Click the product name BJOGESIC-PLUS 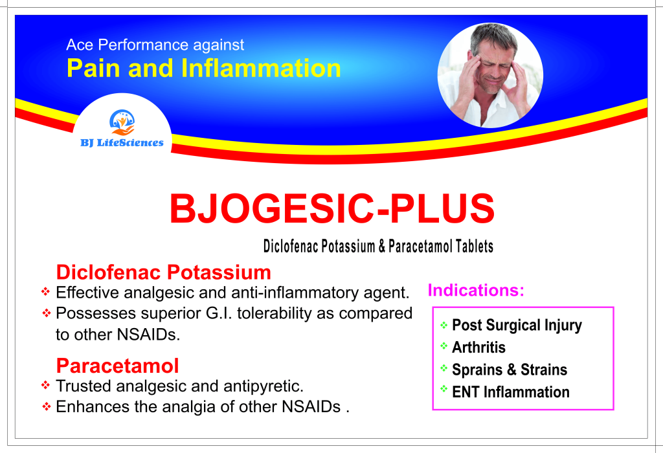pos(332,208)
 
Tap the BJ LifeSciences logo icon pos(122,122)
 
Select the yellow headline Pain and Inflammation pos(204,68)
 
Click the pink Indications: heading pos(476,291)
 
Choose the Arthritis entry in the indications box pos(478,348)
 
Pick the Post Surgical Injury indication pos(517,326)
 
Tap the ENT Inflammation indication pos(511,392)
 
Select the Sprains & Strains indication pos(510,370)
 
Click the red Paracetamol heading pos(118,366)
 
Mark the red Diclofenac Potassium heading pos(164,272)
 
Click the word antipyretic pos(264,386)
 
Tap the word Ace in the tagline pos(80,45)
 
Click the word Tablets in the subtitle pos(475,247)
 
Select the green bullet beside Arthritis pos(444,346)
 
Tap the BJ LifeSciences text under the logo pos(122,143)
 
